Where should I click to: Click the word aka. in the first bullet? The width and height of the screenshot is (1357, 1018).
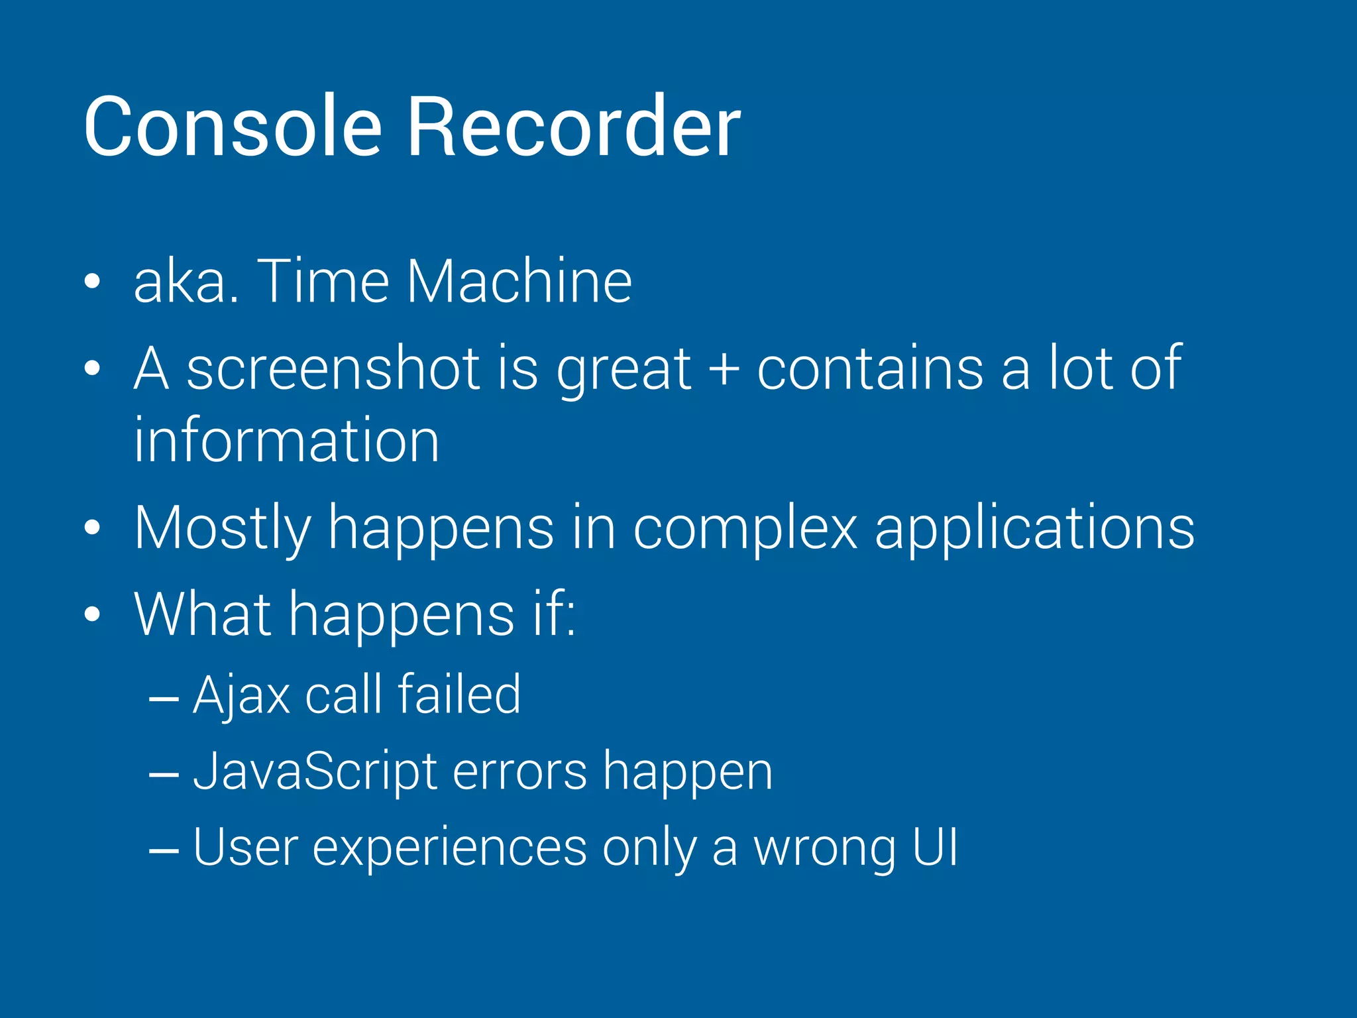tap(186, 281)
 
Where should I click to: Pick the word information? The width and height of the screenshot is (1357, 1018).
tap(286, 440)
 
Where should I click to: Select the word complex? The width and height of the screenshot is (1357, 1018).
tap(745, 528)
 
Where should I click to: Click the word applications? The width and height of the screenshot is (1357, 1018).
tap(1034, 528)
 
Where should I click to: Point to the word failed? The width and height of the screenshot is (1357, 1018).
tap(459, 694)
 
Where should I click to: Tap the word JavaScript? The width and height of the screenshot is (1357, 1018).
tap(315, 771)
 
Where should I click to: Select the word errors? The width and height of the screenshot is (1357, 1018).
tap(520, 771)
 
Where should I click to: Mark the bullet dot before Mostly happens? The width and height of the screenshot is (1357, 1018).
tap(93, 528)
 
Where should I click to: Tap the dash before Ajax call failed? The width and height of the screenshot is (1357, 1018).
tap(164, 698)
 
